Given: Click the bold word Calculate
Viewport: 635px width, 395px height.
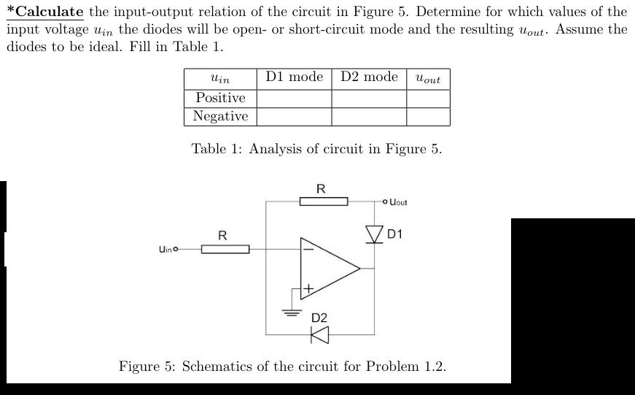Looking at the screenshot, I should coord(49,12).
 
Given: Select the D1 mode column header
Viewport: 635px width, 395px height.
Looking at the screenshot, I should coord(294,77).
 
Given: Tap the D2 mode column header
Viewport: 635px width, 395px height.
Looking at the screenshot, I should coord(369,77).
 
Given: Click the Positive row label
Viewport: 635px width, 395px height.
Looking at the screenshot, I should coord(220,98).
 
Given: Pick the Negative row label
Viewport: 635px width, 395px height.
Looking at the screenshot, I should coord(220,116).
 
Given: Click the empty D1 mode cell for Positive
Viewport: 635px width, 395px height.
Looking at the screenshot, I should coord(294,98).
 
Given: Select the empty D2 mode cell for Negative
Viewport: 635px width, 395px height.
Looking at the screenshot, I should coord(369,116).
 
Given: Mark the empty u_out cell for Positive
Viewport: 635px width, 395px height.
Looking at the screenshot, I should coord(428,98).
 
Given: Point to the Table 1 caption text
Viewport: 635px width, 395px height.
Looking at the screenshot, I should coord(316,149).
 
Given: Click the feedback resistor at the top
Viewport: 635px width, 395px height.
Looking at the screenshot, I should coord(324,200).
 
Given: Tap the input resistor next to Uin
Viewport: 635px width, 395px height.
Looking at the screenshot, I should coord(225,250).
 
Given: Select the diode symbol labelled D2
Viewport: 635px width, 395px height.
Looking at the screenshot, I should coord(320,334).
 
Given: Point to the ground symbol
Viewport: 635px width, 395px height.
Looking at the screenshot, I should coord(292,312).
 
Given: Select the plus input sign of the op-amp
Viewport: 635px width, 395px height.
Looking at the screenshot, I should coord(308,288).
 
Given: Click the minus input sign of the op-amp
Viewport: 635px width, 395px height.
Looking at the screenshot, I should coord(308,248).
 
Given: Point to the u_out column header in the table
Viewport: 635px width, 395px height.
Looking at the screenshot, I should coord(428,78).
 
